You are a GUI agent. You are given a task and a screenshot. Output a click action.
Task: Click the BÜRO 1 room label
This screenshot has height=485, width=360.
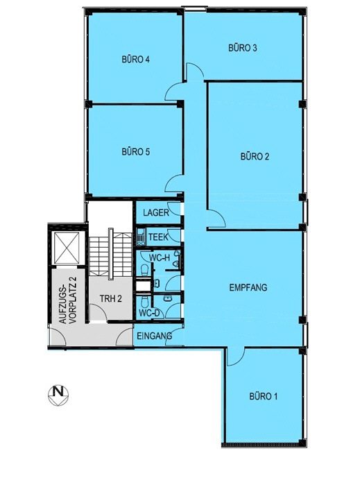pyautogui.click(x=263, y=396)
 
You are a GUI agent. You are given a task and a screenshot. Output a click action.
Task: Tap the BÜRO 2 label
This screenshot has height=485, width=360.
pyautogui.click(x=255, y=156)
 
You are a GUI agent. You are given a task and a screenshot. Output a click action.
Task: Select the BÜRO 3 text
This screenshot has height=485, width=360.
pyautogui.click(x=243, y=48)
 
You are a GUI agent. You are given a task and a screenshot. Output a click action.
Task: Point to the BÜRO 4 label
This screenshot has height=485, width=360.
pyautogui.click(x=136, y=59)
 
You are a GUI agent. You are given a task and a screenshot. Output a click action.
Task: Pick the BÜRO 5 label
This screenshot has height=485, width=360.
pyautogui.click(x=136, y=151)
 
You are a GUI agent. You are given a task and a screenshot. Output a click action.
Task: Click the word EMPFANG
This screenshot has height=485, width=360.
pyautogui.click(x=248, y=287)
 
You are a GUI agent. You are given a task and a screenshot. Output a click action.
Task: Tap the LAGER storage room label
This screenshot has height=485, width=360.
pyautogui.click(x=156, y=212)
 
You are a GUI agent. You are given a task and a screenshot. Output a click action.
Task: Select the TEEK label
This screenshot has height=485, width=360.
pyautogui.click(x=159, y=237)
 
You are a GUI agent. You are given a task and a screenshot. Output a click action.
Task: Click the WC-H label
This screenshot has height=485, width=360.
pyautogui.click(x=160, y=257)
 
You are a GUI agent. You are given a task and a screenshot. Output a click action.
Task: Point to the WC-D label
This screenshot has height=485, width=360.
pyautogui.click(x=149, y=313)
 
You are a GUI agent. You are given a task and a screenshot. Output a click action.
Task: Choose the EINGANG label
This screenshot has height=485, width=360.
pyautogui.click(x=154, y=336)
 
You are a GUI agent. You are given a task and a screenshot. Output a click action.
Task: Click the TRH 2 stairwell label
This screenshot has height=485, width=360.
pyautogui.click(x=110, y=298)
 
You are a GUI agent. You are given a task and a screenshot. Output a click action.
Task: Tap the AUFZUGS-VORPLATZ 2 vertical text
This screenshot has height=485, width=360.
pyautogui.click(x=68, y=300)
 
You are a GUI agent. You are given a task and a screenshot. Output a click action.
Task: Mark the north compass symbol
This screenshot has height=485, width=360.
pyautogui.click(x=58, y=395)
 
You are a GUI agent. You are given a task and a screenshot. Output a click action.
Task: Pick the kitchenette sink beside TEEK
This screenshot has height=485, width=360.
pyautogui.click(x=140, y=237)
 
